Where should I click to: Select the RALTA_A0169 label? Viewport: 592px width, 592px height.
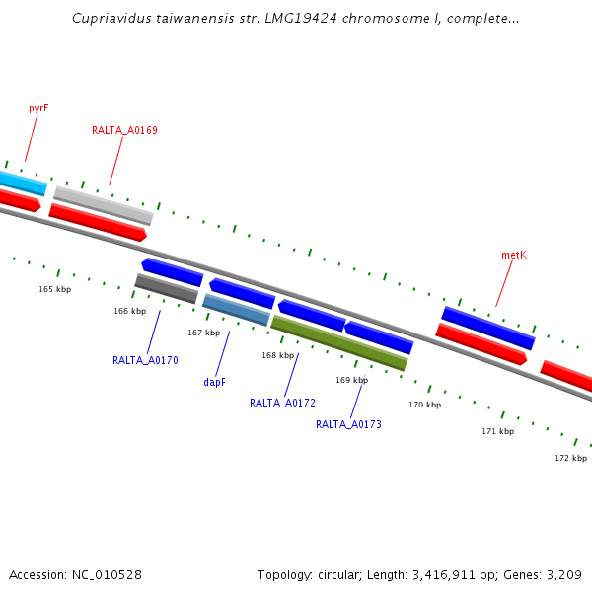click(x=124, y=130)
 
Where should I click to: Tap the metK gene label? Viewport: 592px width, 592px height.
click(x=513, y=255)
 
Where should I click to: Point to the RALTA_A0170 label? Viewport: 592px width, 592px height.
click(x=145, y=360)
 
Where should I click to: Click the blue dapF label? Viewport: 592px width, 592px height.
click(x=214, y=381)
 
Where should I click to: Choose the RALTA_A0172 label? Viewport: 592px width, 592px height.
click(x=282, y=403)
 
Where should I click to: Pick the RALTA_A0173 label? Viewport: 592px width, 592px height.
click(x=348, y=424)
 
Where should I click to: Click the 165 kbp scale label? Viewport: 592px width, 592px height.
click(x=55, y=289)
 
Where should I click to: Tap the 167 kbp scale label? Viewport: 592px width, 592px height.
click(x=203, y=333)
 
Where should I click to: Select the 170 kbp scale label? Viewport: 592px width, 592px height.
click(x=424, y=405)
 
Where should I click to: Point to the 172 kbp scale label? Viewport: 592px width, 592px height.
click(x=570, y=458)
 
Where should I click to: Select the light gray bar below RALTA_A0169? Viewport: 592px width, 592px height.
click(x=104, y=205)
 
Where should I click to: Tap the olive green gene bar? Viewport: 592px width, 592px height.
click(x=338, y=342)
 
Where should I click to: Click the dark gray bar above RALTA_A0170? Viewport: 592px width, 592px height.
click(x=167, y=288)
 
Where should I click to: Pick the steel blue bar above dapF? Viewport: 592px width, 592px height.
click(x=236, y=310)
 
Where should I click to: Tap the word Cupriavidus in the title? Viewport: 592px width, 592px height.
click(x=110, y=19)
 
